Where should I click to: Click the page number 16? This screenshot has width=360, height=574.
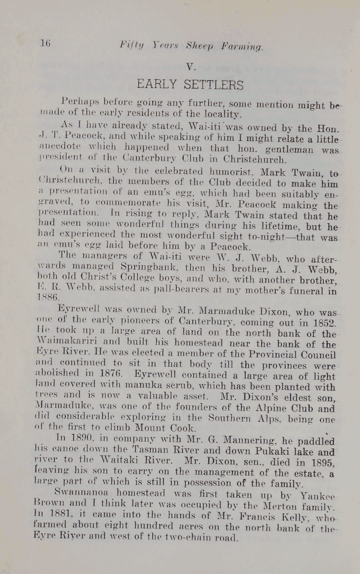pyautogui.click(x=45, y=44)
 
